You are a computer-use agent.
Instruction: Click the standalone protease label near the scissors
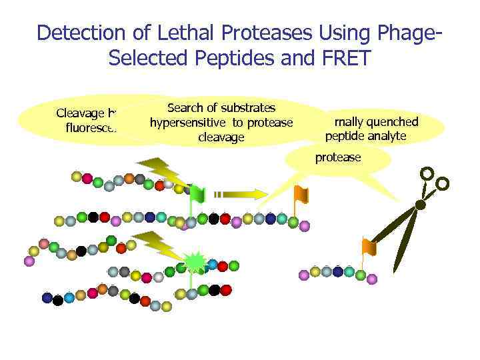(337, 157)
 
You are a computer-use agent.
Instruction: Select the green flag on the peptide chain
(198, 193)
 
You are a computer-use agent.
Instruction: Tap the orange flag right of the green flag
(301, 194)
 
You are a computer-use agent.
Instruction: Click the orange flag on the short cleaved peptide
(369, 247)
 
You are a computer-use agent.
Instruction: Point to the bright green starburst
(195, 264)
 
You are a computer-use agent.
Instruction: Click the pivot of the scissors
(418, 205)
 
